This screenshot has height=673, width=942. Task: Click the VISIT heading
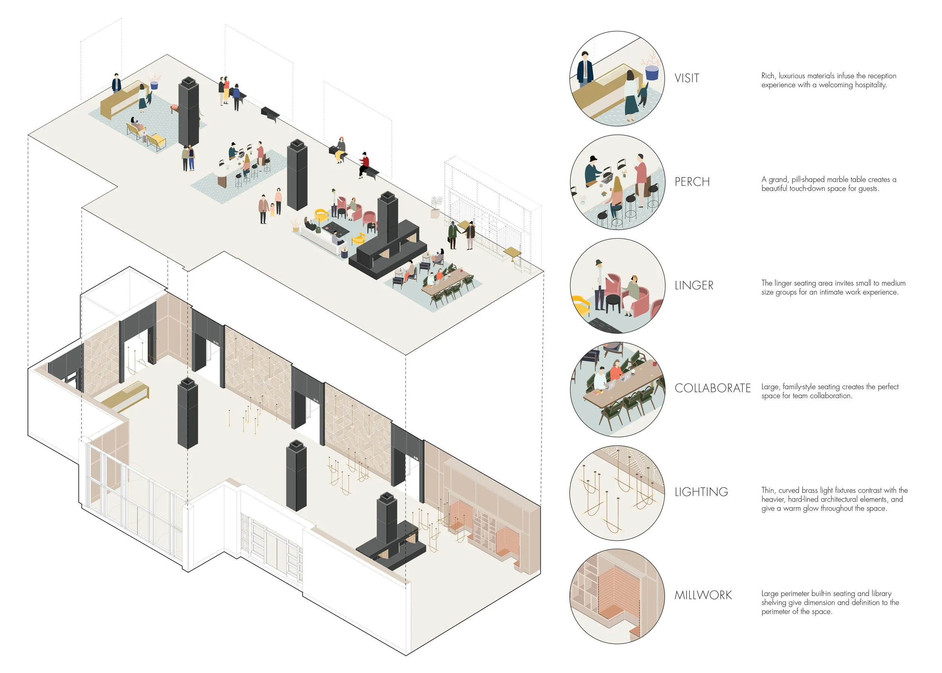[x=686, y=78]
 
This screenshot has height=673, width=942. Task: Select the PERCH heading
[x=692, y=182]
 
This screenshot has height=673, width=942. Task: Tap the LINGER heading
[x=694, y=285]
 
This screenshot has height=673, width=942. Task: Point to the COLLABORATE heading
[x=712, y=388]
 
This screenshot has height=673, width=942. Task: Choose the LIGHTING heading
[x=701, y=491]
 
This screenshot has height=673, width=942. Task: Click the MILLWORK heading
[x=703, y=595]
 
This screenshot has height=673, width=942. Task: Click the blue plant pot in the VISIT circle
[x=652, y=73]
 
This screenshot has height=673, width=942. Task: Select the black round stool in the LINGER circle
[x=613, y=302]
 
